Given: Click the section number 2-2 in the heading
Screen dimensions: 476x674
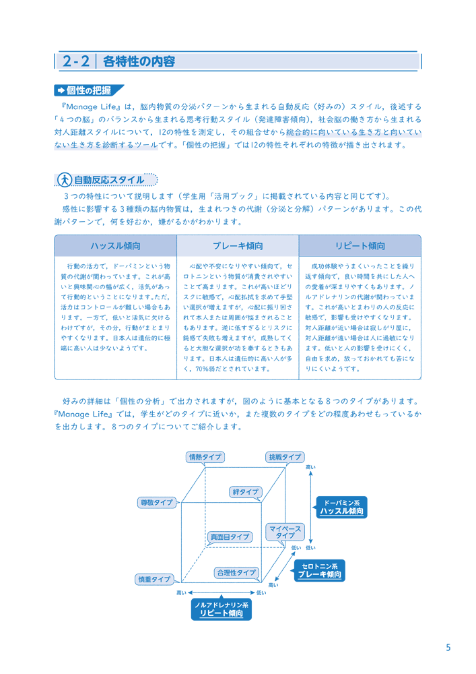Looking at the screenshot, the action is pos(75,61).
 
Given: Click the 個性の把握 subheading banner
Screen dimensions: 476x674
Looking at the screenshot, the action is pos(89,90).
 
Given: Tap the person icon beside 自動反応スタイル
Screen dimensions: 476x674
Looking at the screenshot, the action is pos(65,179).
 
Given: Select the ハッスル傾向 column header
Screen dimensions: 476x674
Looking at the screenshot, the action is pos(115,246).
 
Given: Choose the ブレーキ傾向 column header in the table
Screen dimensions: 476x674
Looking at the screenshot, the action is pos(238,246).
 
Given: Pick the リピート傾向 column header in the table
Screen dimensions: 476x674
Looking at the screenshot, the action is pos(360,246).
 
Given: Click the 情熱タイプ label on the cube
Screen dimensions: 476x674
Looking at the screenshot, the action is pos(205,457).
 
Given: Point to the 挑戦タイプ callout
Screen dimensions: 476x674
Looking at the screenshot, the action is pos(285,457).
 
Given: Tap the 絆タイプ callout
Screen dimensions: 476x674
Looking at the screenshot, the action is pos(246,492).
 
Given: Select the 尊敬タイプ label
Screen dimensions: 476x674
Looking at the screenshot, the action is pos(157,502).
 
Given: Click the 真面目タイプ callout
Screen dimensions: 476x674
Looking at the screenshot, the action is pos(230,537).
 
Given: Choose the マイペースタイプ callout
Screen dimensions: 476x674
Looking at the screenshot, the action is pos(285,532).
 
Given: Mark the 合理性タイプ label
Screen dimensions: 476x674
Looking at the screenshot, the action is pos(236,572).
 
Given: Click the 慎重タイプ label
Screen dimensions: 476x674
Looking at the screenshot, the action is pos(155,580).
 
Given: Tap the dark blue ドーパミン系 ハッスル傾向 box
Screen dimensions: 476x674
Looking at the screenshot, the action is pos(341,508).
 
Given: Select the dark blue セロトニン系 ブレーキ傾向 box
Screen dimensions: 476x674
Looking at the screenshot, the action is pos(320,570).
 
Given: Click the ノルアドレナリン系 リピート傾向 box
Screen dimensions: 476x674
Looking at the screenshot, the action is pos(221,609).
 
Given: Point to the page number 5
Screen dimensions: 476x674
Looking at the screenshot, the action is pos(448,648).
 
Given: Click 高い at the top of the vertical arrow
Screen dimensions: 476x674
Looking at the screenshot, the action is pos(310,467).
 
